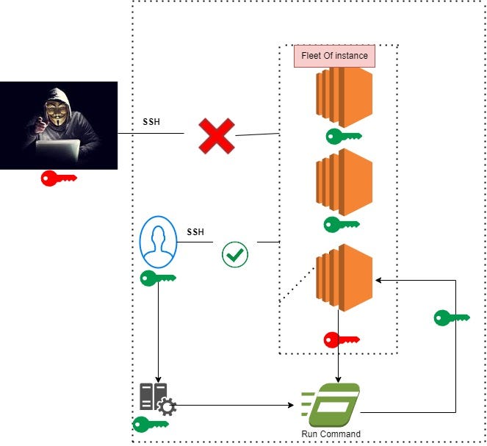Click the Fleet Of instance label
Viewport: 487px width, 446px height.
[334, 56]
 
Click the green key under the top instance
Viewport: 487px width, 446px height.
[342, 137]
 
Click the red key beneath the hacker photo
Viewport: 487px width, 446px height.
[59, 178]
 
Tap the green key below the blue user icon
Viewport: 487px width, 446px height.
[158, 278]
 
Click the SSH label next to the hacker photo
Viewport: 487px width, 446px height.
[151, 121]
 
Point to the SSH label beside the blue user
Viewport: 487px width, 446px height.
[195, 232]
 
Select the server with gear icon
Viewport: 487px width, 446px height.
[156, 398]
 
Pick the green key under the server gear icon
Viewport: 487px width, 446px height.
[150, 424]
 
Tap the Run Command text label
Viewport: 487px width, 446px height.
[331, 434]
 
